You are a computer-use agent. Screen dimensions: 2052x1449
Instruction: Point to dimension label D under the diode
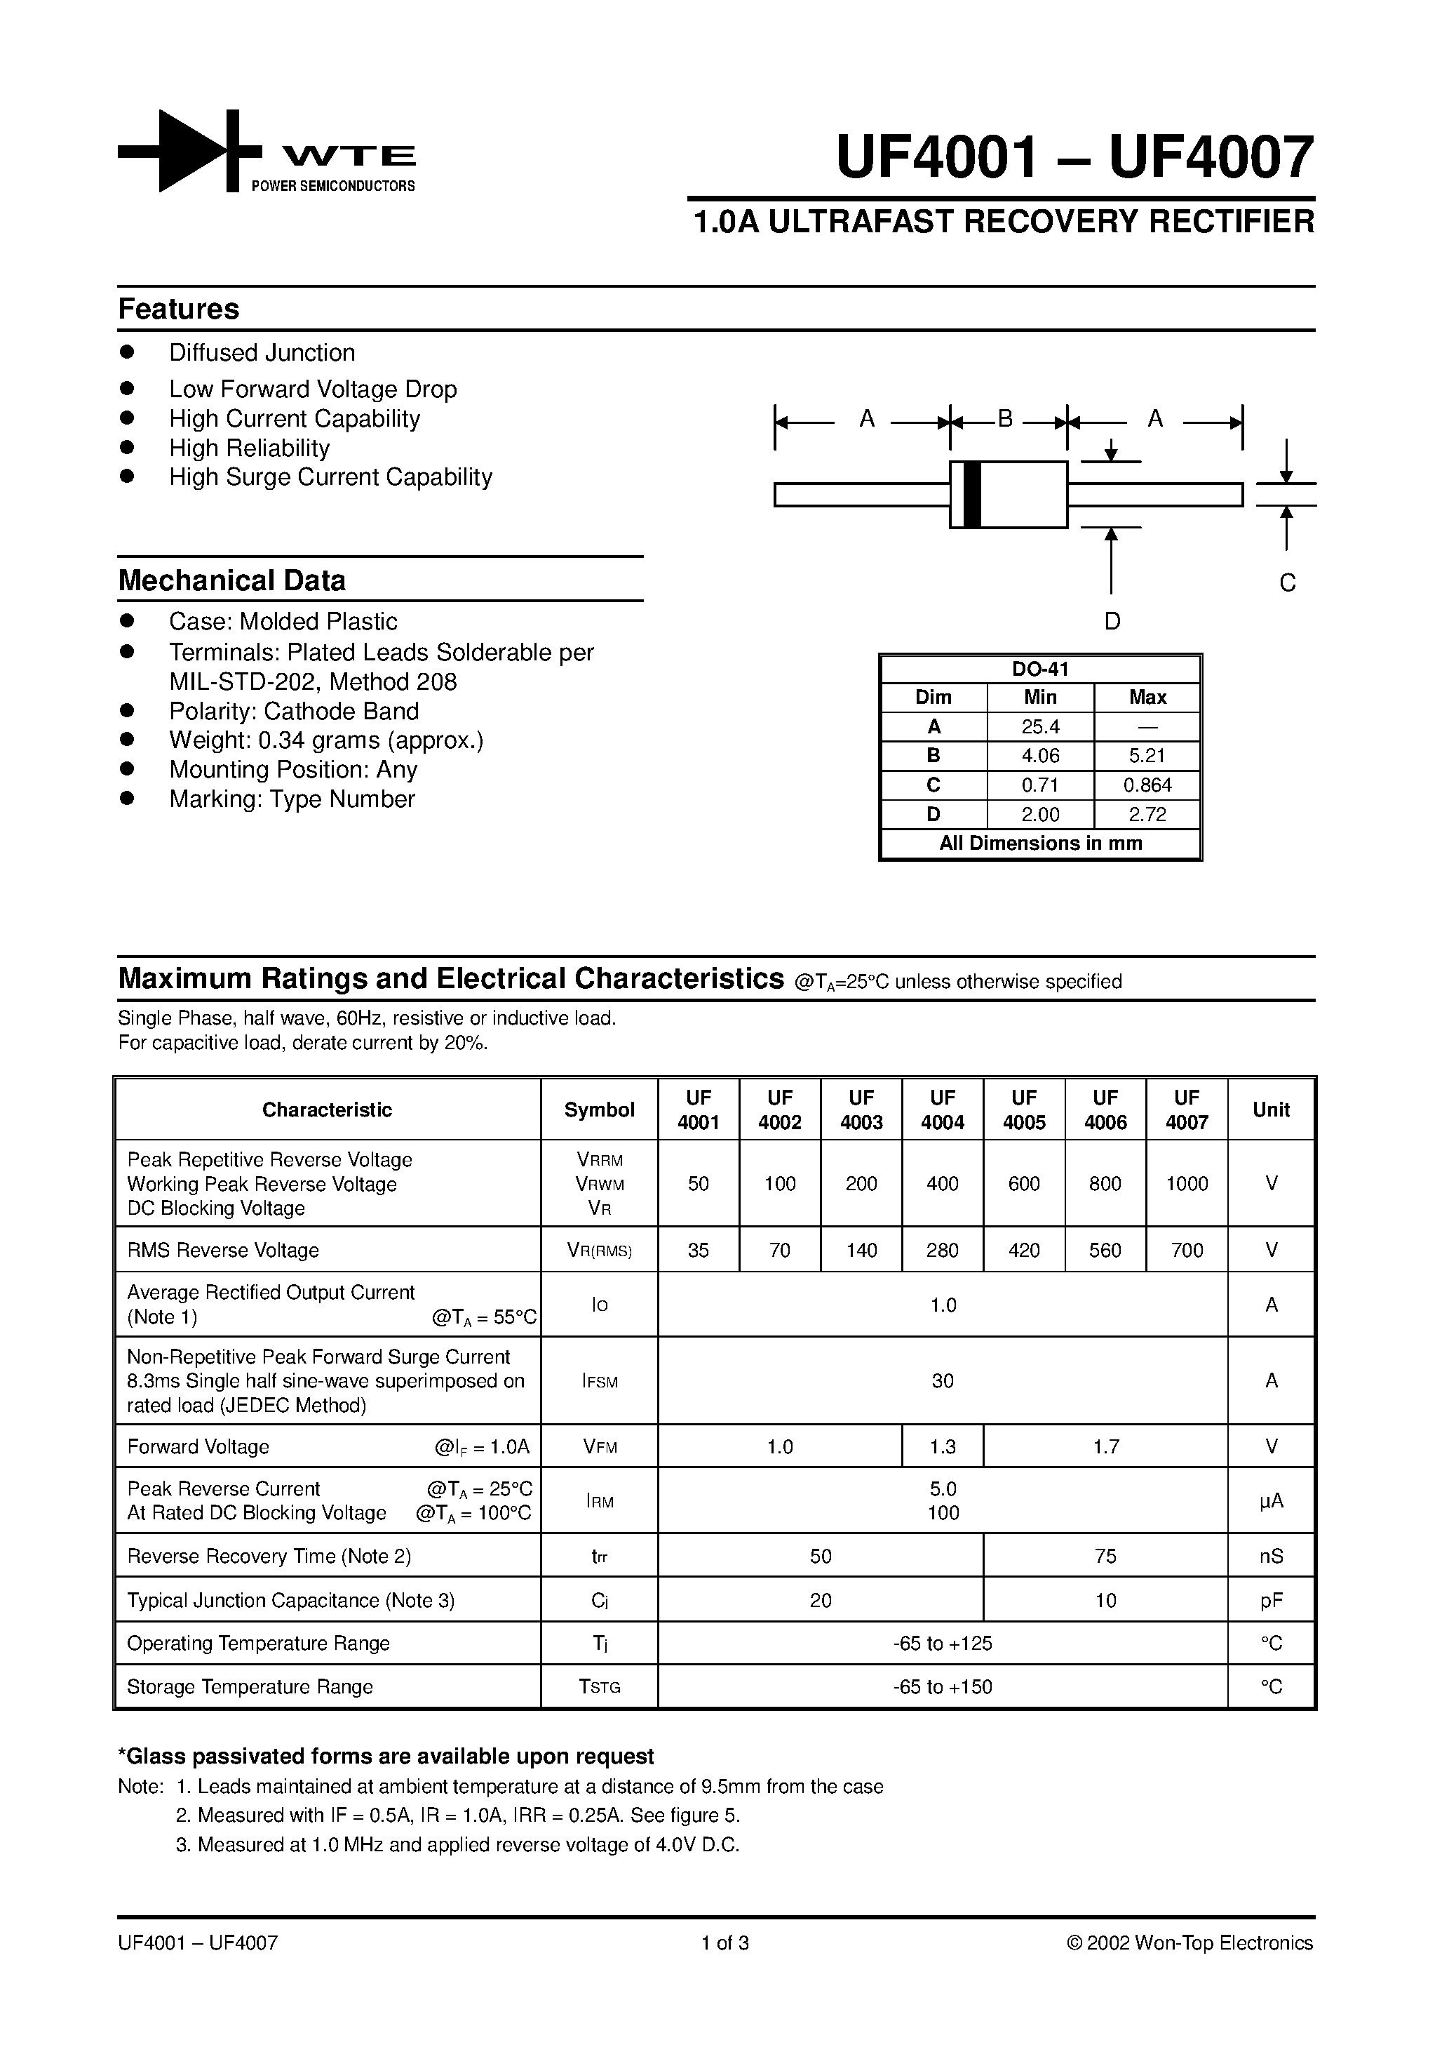tap(1112, 621)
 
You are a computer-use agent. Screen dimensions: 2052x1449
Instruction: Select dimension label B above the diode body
tap(1005, 419)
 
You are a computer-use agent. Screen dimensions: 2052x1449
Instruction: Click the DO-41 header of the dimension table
tap(1040, 669)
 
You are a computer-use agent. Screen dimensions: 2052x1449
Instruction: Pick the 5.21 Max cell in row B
tap(1147, 756)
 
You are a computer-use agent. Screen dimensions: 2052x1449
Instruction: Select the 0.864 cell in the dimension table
tap(1147, 785)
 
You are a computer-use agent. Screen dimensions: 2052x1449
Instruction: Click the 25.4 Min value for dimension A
tap(1040, 726)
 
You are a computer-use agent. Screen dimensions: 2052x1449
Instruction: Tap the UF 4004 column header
tap(943, 1110)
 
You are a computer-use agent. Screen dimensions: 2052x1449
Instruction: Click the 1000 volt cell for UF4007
tap(1187, 1184)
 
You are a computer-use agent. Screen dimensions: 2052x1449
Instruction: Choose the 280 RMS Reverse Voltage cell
tap(943, 1251)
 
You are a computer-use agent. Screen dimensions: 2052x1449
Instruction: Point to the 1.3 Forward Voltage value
tap(943, 1447)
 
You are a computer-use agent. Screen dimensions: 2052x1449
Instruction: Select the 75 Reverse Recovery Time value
tap(1105, 1556)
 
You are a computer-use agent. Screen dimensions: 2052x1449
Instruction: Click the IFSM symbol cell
tap(600, 1382)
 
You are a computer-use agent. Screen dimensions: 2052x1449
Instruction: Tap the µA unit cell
tap(1272, 1502)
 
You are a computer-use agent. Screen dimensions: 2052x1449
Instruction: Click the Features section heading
tap(179, 309)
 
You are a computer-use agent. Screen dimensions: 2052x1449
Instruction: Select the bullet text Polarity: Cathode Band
tap(294, 712)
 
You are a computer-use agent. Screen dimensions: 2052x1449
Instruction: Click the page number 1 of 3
tap(724, 1943)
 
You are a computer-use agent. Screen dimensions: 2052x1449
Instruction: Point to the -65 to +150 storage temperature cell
tap(943, 1686)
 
